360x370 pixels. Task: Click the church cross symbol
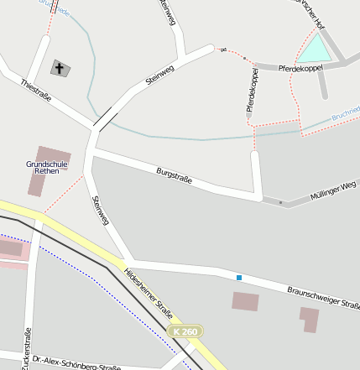click(x=60, y=67)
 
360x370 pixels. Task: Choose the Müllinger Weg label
click(x=333, y=189)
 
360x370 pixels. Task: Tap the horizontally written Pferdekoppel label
click(x=300, y=66)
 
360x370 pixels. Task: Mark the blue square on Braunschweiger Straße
click(x=239, y=278)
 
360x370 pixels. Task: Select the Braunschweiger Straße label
click(x=324, y=300)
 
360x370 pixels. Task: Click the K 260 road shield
click(x=185, y=332)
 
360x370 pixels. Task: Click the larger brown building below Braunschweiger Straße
click(x=246, y=301)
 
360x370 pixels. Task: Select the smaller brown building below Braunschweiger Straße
click(x=309, y=319)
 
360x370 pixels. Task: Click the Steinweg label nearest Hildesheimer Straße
click(x=100, y=210)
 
